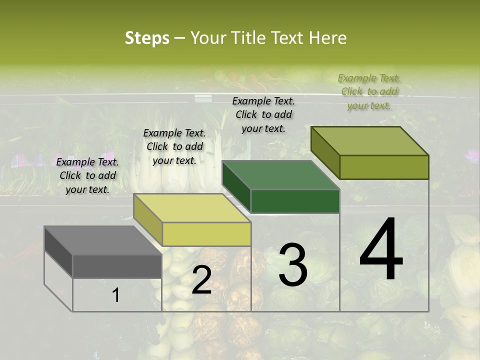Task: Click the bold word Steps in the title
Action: click(x=147, y=38)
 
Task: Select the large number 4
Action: click(x=381, y=250)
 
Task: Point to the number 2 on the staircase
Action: click(x=201, y=281)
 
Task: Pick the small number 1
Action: click(x=116, y=295)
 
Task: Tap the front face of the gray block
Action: click(x=117, y=266)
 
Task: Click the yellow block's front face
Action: click(x=206, y=234)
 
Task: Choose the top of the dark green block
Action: click(x=280, y=175)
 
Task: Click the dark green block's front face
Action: click(x=295, y=201)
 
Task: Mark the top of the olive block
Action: click(x=369, y=141)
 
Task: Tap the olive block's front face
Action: click(x=384, y=167)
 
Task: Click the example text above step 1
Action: click(x=87, y=175)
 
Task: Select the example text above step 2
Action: click(x=174, y=146)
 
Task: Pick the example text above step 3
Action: click(x=263, y=114)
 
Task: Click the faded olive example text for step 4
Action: click(x=369, y=91)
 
